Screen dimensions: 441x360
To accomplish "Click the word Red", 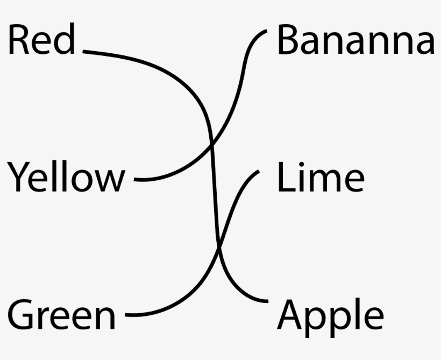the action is click(41, 38).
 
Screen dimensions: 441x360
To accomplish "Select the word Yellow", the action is click(66, 177).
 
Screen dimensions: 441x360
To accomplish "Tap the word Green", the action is click(62, 314).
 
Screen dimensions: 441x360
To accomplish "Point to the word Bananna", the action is click(356, 39).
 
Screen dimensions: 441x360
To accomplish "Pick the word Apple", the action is click(330, 317).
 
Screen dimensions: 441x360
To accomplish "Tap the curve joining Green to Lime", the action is click(218, 248).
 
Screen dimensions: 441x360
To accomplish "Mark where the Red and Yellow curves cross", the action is click(212, 145).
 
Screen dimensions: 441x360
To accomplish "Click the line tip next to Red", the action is click(83, 51).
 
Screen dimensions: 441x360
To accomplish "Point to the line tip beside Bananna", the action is click(267, 30).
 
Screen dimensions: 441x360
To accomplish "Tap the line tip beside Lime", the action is click(259, 171).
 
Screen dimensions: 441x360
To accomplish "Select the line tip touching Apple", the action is click(268, 301).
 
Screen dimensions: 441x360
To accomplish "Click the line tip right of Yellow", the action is click(134, 179).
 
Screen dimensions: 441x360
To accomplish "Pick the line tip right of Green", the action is click(126, 315).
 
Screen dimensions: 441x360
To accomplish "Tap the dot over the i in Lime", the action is click(302, 164).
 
